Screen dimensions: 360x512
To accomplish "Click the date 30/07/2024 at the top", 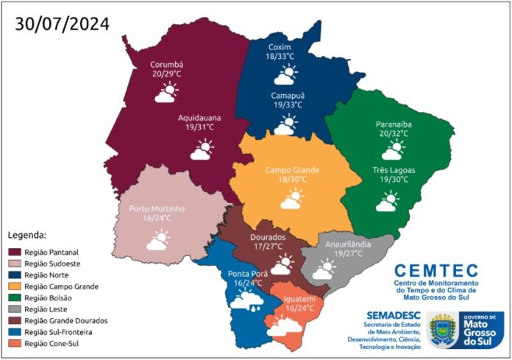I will click(62, 24).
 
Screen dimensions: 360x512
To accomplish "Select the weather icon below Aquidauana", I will click(202, 150).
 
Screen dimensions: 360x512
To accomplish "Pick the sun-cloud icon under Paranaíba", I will click(393, 151).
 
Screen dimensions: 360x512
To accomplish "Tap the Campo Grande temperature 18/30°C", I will click(292, 179).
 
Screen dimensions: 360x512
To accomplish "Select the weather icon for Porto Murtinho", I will click(158, 239).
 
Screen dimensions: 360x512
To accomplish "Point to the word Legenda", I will click(27, 236).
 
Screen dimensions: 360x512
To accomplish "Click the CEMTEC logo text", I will click(435, 271).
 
